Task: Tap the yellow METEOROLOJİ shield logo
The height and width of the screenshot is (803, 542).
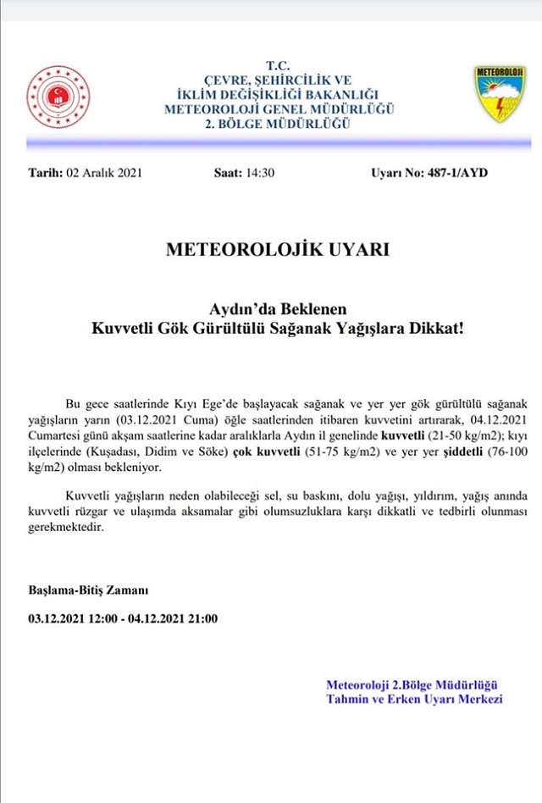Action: (500, 92)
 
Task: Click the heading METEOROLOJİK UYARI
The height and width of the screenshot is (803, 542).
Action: (277, 251)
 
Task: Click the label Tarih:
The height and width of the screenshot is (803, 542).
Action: (46, 173)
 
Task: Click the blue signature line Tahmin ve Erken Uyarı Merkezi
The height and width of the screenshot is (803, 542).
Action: (414, 699)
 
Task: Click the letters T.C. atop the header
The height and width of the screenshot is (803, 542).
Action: (278, 64)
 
